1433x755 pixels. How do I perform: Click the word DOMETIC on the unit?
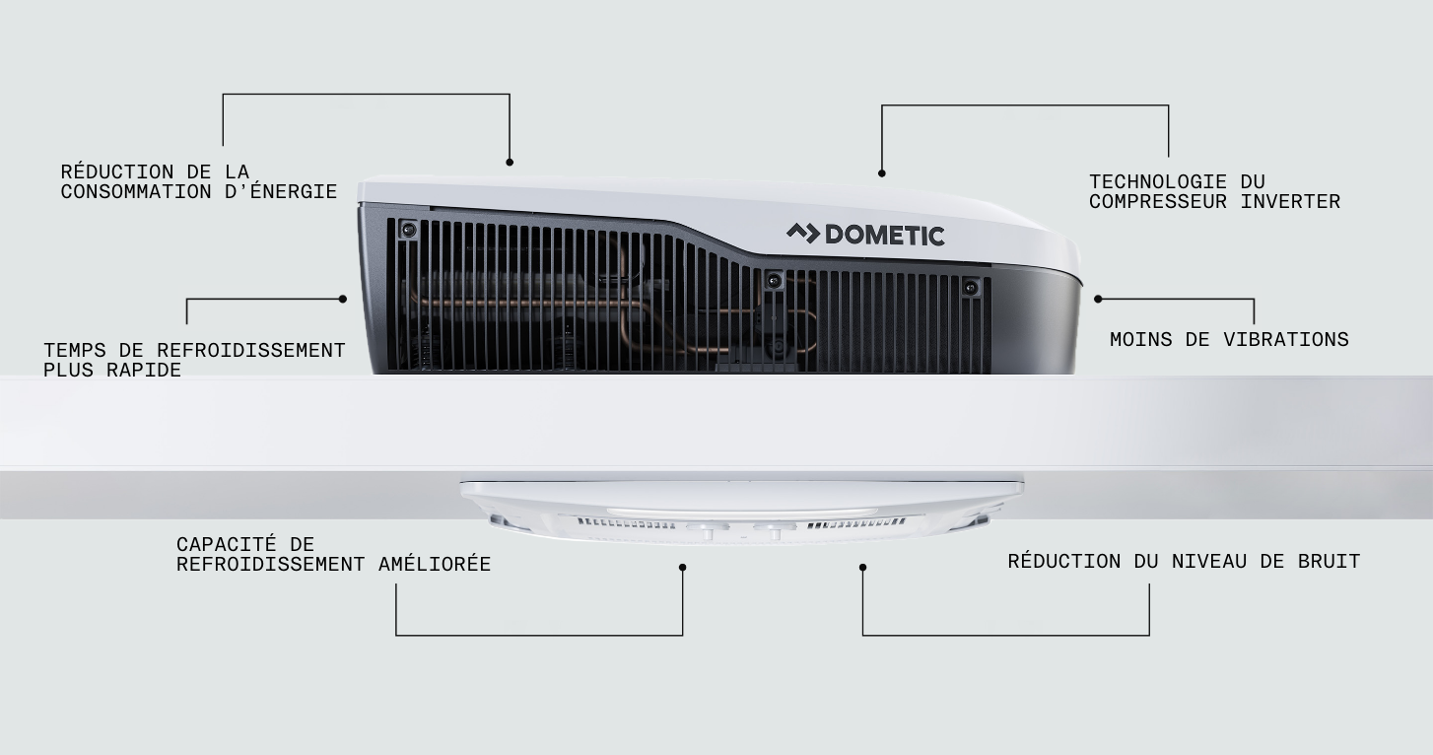point(885,236)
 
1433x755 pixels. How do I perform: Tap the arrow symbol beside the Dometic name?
point(803,234)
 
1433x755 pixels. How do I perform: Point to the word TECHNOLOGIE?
point(1158,181)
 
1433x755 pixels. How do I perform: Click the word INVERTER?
point(1290,201)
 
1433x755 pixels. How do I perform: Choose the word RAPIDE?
point(143,370)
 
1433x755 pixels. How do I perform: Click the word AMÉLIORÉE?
point(435,564)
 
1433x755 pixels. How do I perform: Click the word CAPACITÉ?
point(227,544)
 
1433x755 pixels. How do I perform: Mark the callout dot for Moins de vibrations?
point(1098,299)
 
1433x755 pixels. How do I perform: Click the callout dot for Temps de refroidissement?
point(343,299)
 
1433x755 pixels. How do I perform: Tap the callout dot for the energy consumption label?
point(510,163)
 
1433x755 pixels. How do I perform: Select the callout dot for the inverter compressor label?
point(881,173)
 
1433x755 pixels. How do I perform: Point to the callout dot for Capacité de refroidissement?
point(683,568)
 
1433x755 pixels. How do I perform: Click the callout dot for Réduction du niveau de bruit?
point(862,568)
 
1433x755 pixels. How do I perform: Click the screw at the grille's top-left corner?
point(408,229)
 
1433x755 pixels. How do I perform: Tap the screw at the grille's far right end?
point(971,287)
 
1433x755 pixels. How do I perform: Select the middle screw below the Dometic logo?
point(774,280)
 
